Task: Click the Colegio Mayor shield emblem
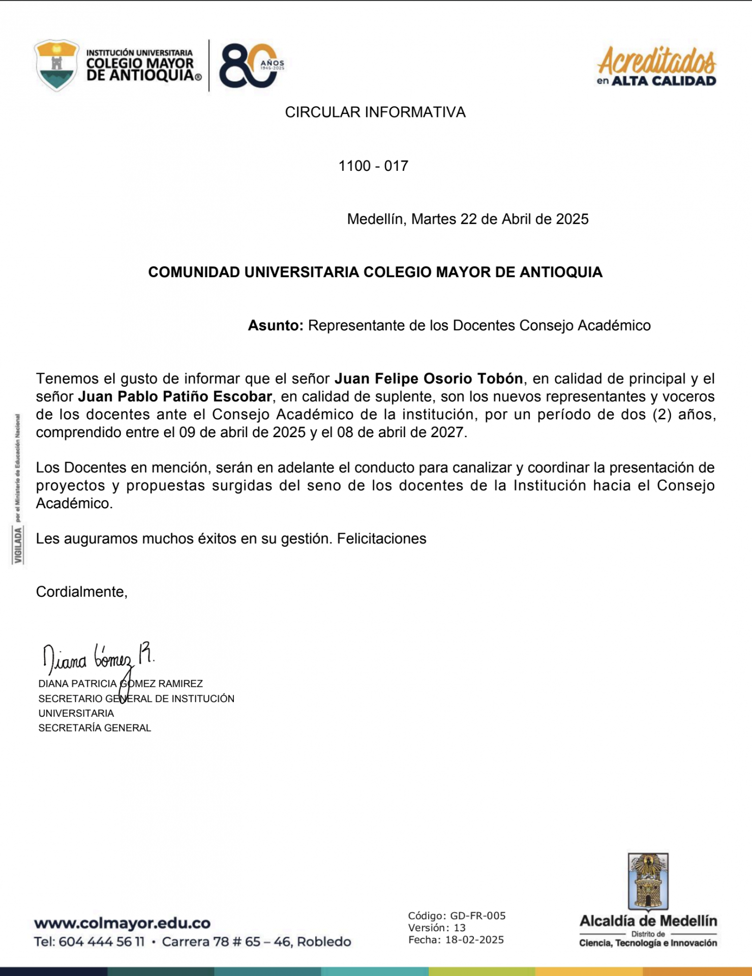pos(56,65)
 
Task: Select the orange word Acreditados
pos(656,61)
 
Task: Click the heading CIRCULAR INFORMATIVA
pos(375,112)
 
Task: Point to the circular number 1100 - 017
pos(373,166)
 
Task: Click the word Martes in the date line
pos(434,219)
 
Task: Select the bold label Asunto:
pos(275,325)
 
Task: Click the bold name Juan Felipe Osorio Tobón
pos(429,379)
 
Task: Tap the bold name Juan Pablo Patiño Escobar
pos(175,396)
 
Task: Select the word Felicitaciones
pos(381,539)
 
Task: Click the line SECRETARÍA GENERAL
pos(95,728)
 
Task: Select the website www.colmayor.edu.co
pos(122,923)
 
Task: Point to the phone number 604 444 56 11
pos(101,942)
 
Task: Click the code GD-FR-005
pos(477,916)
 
